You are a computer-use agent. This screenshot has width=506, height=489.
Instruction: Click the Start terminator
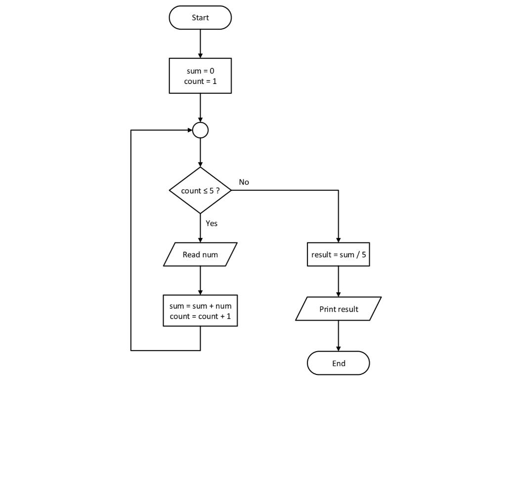[200, 18]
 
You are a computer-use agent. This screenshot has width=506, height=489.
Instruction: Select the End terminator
[338, 363]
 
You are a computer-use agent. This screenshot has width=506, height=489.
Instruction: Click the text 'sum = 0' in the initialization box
[200, 71]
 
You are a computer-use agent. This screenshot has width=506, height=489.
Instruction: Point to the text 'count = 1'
[200, 81]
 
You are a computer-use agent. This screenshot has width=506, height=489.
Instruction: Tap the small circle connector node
[200, 130]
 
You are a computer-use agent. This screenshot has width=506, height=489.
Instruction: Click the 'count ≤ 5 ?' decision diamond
[200, 190]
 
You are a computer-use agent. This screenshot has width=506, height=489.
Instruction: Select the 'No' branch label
[244, 182]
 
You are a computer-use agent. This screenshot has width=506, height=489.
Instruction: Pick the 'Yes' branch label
[211, 223]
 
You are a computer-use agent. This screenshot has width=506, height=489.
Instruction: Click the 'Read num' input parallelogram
[200, 254]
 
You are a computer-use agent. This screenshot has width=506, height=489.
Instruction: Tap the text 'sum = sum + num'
[200, 306]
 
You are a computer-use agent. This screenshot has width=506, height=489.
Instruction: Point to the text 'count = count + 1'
[200, 317]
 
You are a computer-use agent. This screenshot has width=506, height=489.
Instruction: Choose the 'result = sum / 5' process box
[338, 254]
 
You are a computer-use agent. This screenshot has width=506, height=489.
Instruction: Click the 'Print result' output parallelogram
[338, 309]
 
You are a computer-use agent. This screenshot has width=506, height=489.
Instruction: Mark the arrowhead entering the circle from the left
[190, 130]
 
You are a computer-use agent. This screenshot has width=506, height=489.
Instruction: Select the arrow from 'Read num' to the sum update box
[200, 280]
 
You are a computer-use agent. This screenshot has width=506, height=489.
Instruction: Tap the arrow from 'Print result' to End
[338, 335]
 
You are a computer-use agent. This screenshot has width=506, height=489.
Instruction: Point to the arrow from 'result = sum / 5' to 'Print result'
[338, 281]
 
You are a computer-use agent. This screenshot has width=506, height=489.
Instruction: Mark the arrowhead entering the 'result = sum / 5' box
[338, 240]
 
